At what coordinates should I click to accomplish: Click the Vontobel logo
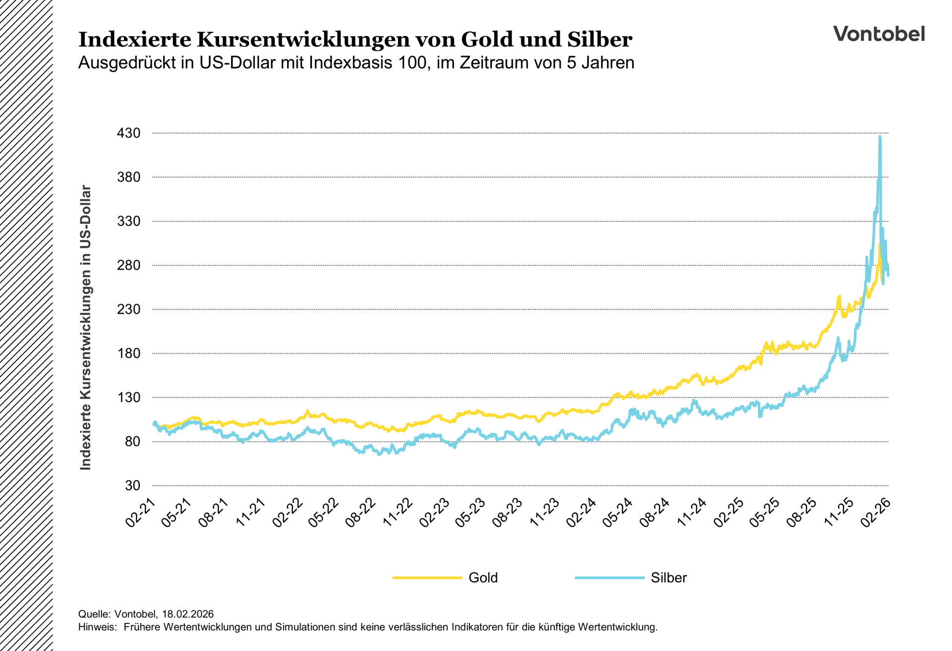(879, 34)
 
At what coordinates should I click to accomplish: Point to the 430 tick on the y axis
(128, 133)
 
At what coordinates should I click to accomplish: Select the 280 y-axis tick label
(128, 265)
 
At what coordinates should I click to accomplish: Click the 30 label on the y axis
(132, 485)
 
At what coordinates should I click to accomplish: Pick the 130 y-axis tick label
(128, 398)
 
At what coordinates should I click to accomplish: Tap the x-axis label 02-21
(141, 513)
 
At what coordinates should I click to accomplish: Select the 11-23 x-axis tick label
(545, 513)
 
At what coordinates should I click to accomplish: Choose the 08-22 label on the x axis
(361, 513)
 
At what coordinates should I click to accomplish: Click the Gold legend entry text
(483, 578)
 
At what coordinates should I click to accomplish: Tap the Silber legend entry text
(668, 578)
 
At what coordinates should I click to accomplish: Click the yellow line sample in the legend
(427, 578)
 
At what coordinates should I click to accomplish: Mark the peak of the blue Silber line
(880, 137)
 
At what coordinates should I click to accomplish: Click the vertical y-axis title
(86, 327)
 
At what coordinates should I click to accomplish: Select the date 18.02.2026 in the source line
(187, 614)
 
